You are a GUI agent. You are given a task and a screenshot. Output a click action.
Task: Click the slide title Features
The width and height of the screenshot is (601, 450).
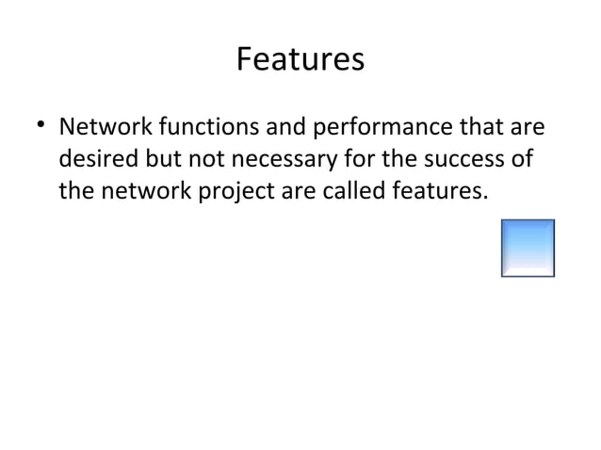point(300,60)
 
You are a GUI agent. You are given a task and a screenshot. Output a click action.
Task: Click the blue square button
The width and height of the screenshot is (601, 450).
point(528,249)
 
